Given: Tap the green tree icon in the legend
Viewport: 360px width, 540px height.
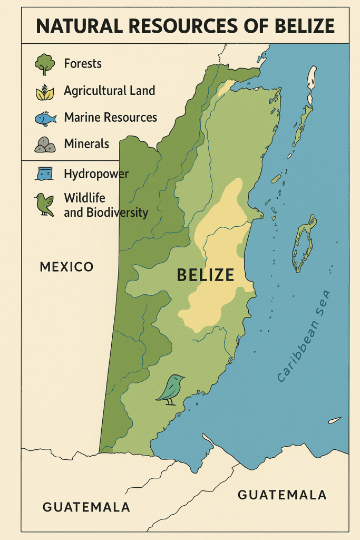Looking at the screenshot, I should pyautogui.click(x=44, y=64).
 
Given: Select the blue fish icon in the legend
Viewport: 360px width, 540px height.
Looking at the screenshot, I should pyautogui.click(x=45, y=118).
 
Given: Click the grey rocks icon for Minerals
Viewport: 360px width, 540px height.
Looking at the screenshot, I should pyautogui.click(x=45, y=144).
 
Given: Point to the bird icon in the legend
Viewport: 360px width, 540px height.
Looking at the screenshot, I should pyautogui.click(x=44, y=205).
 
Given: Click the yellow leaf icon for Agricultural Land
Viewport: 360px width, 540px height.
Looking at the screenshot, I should pyautogui.click(x=44, y=92).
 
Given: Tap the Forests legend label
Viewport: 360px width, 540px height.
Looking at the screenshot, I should pyautogui.click(x=83, y=64).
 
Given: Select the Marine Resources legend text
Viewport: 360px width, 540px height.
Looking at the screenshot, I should pyautogui.click(x=111, y=117).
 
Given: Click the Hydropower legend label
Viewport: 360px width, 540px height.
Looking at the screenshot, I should pyautogui.click(x=96, y=173).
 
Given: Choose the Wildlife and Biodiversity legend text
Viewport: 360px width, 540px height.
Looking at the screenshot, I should pyautogui.click(x=105, y=206).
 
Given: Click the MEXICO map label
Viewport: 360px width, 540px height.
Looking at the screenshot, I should pyautogui.click(x=66, y=267).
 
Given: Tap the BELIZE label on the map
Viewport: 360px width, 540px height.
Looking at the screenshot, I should pyautogui.click(x=206, y=275).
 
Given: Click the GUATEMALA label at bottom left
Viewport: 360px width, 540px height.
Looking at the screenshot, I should pyautogui.click(x=86, y=507).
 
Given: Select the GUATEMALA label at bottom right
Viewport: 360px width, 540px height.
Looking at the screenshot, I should pyautogui.click(x=282, y=495).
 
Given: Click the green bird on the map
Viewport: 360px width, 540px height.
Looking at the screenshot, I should pyautogui.click(x=171, y=389).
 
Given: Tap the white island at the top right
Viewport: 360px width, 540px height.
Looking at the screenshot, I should pyautogui.click(x=312, y=79).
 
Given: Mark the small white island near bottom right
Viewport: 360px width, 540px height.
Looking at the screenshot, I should pyautogui.click(x=334, y=420).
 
